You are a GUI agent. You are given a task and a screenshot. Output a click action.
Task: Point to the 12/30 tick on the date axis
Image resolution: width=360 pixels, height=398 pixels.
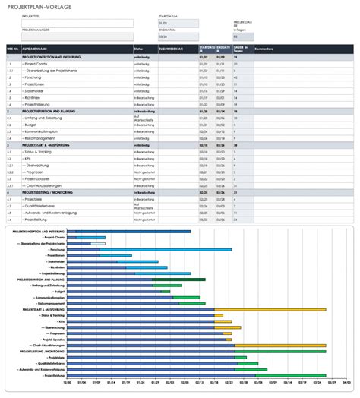coord(68,383)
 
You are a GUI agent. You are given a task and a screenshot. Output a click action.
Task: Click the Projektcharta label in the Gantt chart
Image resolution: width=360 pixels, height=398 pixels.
coord(55,237)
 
